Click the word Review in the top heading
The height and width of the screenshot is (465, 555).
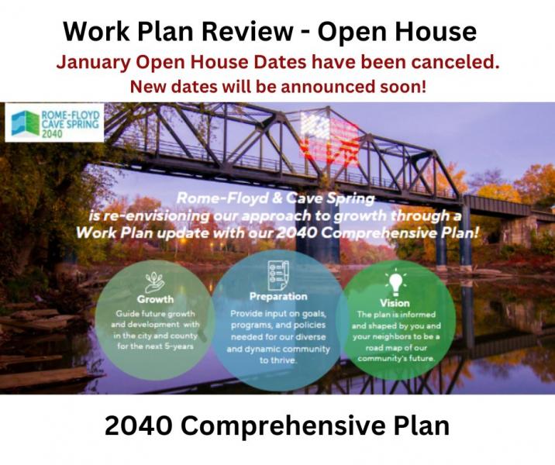tap(247, 31)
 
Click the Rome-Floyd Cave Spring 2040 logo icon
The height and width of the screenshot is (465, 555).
tap(25, 123)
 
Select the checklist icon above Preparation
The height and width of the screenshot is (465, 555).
tap(278, 275)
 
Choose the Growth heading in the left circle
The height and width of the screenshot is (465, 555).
tap(155, 299)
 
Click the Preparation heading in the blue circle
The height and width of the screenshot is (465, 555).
tap(278, 296)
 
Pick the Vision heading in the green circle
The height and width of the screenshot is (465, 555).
tap(395, 303)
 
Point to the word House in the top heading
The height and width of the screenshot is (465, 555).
tap(436, 31)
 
